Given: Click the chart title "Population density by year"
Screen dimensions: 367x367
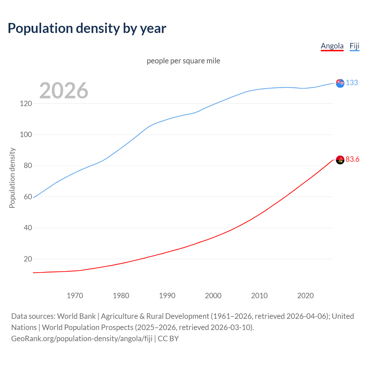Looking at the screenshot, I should pos(87,28).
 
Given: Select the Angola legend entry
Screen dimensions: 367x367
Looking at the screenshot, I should pos(332,46).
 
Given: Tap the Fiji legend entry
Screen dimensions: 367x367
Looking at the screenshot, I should pos(354,46).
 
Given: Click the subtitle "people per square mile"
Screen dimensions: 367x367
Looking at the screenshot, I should pos(183,61).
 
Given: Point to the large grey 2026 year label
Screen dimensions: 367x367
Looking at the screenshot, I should pos(64,91).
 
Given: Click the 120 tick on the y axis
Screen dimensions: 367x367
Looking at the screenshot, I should pos(26,104).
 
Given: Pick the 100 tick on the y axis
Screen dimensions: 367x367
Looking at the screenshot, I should pos(26,134).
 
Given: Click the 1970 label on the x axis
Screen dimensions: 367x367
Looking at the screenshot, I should pos(75,296).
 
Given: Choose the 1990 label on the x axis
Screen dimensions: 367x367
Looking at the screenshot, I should pos(167,296).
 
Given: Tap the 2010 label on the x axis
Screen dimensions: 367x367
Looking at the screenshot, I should pos(259,296).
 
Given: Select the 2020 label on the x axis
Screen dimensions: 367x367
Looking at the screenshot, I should pos(305,296).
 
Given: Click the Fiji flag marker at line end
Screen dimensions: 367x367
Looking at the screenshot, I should pos(340,83).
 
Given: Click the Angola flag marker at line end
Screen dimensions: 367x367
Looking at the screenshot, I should pos(340,160).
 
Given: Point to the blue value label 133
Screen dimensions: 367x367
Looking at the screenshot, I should pos(352,83).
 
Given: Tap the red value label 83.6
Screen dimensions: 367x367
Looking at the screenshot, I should pos(352,159).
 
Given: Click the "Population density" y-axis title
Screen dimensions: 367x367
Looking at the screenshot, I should pos(12,178).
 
